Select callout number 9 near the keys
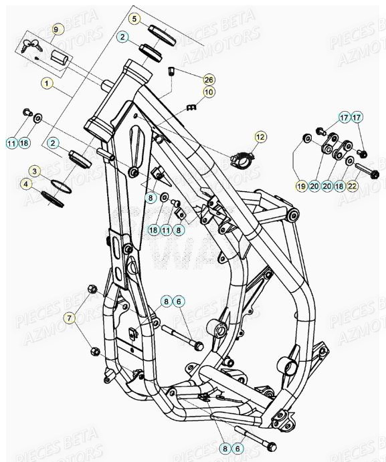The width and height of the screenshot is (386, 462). coord(56,29)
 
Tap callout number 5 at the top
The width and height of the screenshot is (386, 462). coord(135,19)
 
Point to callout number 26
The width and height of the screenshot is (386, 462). coord(208,79)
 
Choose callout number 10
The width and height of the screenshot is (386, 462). coord(208,92)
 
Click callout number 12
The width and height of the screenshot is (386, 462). coord(260,136)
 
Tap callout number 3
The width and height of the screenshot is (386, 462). coord(34,172)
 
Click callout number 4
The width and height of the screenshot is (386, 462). coord(25,183)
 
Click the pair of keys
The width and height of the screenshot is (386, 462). coord(31,46)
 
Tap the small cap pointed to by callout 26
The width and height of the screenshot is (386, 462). coord(171,71)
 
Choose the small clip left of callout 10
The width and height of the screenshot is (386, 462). coord(191,107)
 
